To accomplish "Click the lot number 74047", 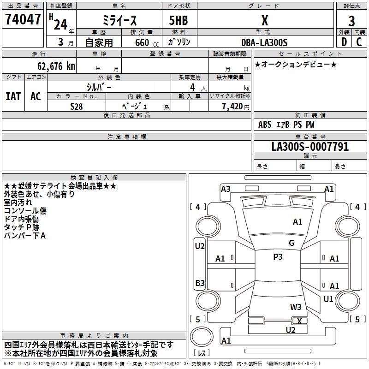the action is [x=23, y=19].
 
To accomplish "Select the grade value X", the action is [x=264, y=21].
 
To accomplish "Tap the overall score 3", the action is [x=351, y=21].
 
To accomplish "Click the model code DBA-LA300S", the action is [x=264, y=42].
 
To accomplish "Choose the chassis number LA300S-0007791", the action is [x=310, y=147].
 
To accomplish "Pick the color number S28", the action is [x=77, y=106].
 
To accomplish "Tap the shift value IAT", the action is [x=13, y=96].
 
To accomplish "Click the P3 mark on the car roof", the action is [x=278, y=257].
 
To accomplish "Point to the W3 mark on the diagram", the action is [x=296, y=307].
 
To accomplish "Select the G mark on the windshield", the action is [x=292, y=243].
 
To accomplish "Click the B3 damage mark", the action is [x=200, y=283].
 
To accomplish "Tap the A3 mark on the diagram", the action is [x=226, y=189].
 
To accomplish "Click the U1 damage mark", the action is [x=328, y=299].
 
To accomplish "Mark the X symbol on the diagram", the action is [x=300, y=321].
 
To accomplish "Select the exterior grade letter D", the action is [x=344, y=42].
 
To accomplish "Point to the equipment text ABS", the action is [x=265, y=125].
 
